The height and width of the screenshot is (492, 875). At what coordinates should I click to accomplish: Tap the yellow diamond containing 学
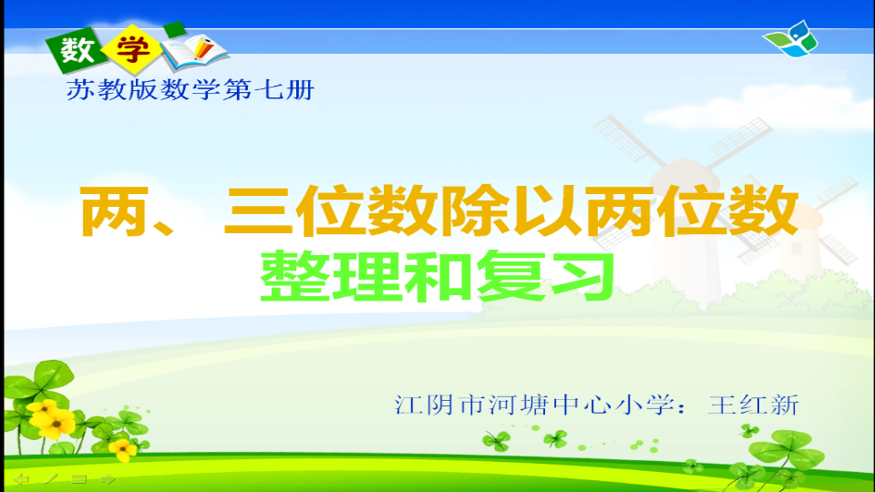tap(132, 49)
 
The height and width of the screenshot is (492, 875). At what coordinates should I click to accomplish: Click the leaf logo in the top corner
tap(791, 39)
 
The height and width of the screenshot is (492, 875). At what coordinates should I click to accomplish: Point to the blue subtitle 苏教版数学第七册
tap(190, 90)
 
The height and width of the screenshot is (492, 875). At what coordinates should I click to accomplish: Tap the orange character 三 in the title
tap(258, 210)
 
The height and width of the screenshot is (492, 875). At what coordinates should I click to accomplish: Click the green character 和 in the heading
tap(437, 275)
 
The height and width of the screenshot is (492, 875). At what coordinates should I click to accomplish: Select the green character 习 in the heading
tap(582, 275)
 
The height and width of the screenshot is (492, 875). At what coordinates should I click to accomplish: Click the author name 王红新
tap(754, 405)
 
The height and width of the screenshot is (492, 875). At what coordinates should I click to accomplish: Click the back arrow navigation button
tap(21, 479)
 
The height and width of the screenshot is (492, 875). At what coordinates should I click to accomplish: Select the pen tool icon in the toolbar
tap(50, 478)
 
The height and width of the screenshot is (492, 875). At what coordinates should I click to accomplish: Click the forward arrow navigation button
tap(108, 479)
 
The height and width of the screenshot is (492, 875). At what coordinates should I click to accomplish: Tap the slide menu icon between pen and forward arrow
tap(79, 479)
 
